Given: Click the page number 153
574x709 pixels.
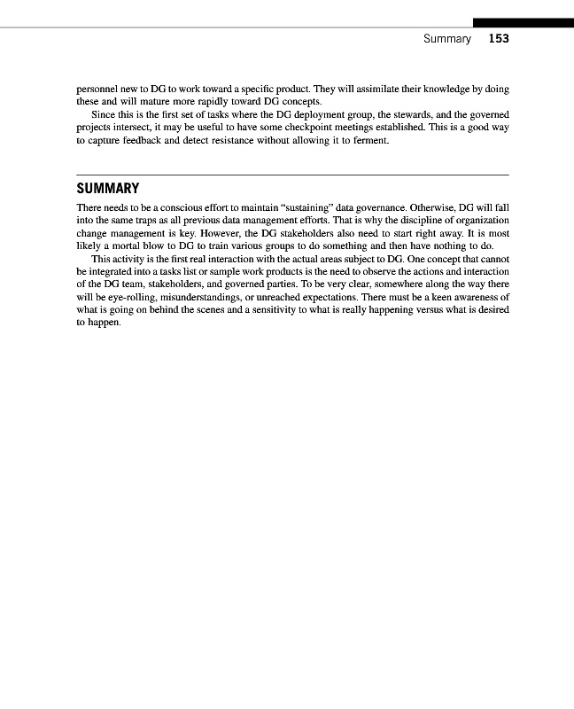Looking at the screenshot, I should coord(498,39).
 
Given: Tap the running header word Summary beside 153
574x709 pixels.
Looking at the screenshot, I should coord(446,39).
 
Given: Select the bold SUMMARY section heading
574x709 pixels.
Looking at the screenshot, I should coord(108,189).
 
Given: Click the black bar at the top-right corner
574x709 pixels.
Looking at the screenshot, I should coord(523,22).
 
